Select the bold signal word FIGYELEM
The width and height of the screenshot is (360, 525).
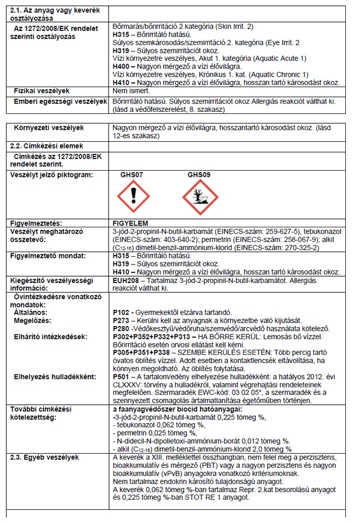131,223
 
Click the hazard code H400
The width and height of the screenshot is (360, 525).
121,66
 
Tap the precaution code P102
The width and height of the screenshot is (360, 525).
121,312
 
